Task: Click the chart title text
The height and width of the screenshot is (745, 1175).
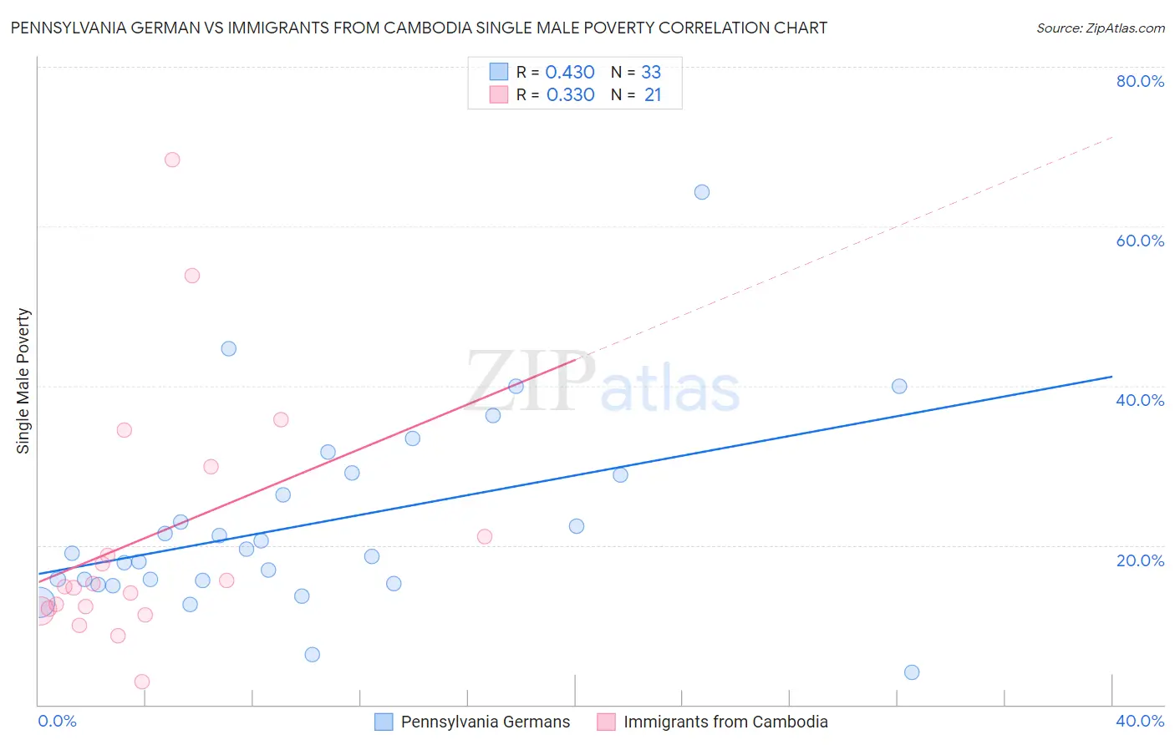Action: pos(419,28)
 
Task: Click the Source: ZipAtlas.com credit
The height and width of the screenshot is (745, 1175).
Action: pos(1100,28)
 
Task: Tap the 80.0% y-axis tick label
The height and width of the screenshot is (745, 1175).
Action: pos(1140,81)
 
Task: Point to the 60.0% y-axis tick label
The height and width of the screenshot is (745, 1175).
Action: pos(1140,241)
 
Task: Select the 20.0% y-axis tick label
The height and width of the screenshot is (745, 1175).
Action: pos(1140,560)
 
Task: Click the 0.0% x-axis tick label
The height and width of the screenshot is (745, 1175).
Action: pos(57,721)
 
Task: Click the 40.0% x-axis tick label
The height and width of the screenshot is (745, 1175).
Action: pos(1140,721)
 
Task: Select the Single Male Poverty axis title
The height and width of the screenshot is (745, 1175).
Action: pos(23,381)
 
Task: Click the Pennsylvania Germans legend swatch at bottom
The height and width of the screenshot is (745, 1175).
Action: pos(384,722)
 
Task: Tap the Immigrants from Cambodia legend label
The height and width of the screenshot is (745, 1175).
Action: pos(725,722)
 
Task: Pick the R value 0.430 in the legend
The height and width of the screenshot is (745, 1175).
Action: pos(569,73)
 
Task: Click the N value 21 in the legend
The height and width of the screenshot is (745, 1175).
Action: pos(653,95)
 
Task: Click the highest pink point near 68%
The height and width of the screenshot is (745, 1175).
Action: pos(172,160)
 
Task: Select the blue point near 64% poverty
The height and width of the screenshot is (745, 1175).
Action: pos(702,192)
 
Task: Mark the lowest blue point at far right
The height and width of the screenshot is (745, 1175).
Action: pos(912,672)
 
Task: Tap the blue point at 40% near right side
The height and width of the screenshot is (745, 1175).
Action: pos(899,386)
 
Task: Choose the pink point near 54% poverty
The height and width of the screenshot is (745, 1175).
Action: pos(192,276)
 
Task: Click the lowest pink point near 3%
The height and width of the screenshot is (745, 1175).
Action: pos(142,682)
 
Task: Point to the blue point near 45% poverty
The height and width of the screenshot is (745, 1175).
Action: pos(229,349)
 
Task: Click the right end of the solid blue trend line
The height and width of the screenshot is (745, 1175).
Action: pos(1111,377)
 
